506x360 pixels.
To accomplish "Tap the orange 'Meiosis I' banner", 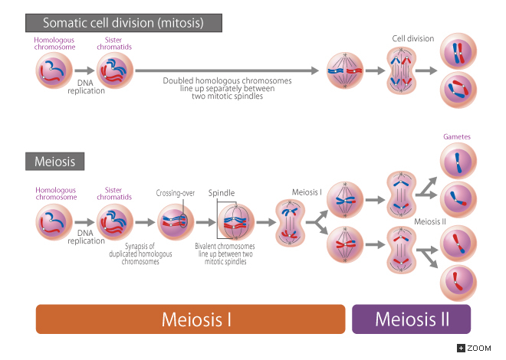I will click(191, 319).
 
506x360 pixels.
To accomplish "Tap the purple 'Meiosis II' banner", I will click(411, 319).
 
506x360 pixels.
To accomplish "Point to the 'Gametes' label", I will click(456, 137).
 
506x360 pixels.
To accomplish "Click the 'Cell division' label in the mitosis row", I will click(412, 38).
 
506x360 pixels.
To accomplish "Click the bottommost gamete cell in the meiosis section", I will click(456, 283).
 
